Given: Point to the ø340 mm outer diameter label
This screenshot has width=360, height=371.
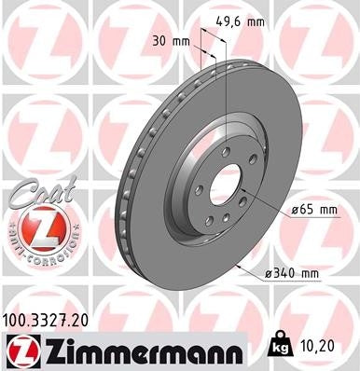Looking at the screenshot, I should coord(291,272).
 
